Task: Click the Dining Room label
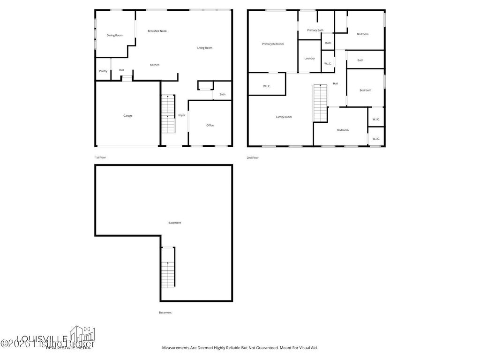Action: click(114, 35)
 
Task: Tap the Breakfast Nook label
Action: click(157, 31)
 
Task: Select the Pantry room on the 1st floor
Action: click(103, 71)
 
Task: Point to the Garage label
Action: click(127, 116)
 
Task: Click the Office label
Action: click(210, 125)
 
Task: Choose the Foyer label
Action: click(182, 115)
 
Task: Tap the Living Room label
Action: click(204, 48)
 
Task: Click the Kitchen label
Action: click(155, 65)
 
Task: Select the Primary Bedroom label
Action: click(273, 44)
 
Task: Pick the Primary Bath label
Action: click(315, 30)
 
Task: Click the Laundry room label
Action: click(309, 59)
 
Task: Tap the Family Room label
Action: click(284, 117)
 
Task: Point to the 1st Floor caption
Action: click(100, 157)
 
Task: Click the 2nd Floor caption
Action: click(253, 158)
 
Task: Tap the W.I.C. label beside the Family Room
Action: click(267, 86)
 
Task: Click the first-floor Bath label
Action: click(222, 94)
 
